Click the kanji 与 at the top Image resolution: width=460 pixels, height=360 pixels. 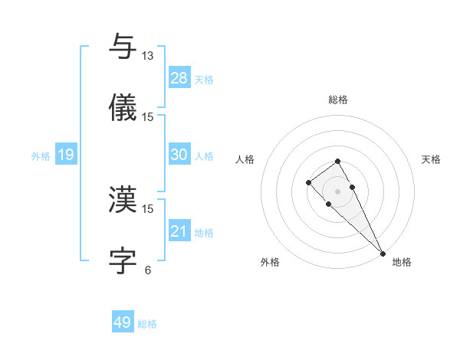[123, 47]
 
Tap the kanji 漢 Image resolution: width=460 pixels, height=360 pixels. [123, 199]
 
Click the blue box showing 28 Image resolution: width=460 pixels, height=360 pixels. [179, 77]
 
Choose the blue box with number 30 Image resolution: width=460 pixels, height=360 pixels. [179, 155]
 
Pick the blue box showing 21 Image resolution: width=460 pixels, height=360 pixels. [179, 231]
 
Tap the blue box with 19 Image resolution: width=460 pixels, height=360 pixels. [66, 155]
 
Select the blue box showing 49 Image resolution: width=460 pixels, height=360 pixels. [123, 322]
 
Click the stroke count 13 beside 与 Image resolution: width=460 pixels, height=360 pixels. [148, 55]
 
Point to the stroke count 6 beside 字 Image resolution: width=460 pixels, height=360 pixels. [148, 270]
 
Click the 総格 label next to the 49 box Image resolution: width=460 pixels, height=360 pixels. [147, 324]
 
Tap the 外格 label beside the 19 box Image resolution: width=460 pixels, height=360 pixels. [41, 156]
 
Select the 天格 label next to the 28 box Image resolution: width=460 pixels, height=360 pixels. [204, 79]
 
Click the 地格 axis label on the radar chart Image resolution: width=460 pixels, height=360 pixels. [402, 262]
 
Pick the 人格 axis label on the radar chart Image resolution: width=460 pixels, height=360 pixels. [245, 159]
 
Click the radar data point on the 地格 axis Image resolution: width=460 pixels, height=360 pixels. [383, 254]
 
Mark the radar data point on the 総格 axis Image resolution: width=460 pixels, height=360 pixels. [337, 161]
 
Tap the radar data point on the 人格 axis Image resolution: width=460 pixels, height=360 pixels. [308, 182]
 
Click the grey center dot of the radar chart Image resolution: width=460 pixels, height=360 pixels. [337, 191]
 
